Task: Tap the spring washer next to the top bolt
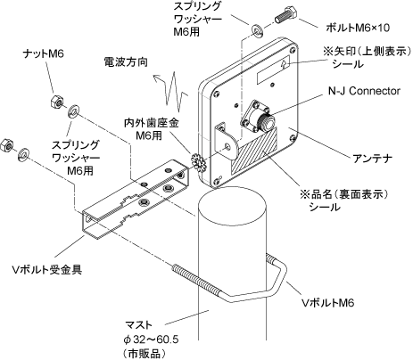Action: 257,31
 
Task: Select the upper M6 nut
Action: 57,102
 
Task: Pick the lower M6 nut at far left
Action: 7,145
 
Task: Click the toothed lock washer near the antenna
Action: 197,161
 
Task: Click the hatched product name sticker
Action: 255,151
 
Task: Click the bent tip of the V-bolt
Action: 281,272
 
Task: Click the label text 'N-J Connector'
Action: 364,91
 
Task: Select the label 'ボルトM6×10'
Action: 358,28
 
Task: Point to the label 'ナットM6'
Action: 44,53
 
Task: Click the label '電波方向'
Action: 126,61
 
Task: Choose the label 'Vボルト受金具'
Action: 46,269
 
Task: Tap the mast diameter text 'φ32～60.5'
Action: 151,339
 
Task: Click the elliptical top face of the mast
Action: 232,206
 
